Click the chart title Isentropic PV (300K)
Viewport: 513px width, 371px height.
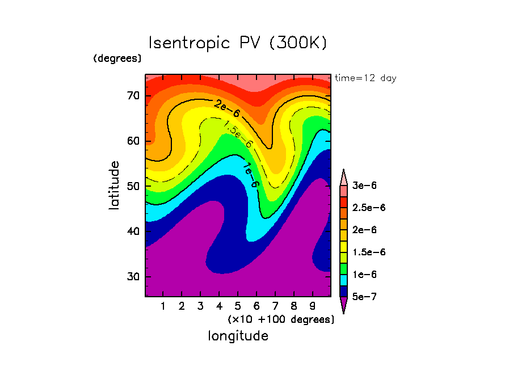[x=238, y=44]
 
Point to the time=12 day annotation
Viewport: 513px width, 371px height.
[x=365, y=78]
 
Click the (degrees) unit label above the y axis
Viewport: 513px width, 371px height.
[x=117, y=58]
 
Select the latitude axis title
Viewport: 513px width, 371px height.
[x=115, y=185]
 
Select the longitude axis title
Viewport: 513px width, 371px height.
[x=238, y=336]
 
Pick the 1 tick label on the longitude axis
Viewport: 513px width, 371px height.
[x=163, y=307]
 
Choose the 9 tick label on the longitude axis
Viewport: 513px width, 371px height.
[x=313, y=307]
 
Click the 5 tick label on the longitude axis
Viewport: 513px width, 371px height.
[x=238, y=307]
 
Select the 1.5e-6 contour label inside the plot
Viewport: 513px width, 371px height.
[x=238, y=134]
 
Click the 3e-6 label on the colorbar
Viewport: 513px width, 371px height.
[x=365, y=185]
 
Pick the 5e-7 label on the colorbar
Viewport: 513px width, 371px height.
[x=365, y=297]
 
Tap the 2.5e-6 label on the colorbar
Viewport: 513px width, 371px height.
[x=368, y=208]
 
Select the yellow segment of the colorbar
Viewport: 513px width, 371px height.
[x=343, y=241]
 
